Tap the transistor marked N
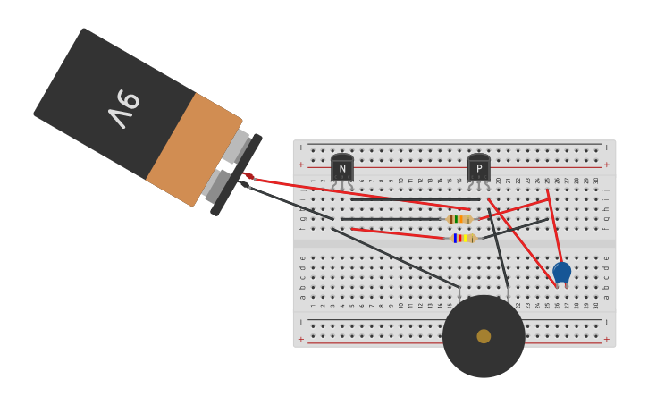point(342,167)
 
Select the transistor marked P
point(479,167)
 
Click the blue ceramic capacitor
point(561,272)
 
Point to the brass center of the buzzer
point(484,336)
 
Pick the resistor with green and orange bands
point(459,219)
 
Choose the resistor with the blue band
point(463,239)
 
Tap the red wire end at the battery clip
point(249,177)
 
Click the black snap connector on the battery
point(236,175)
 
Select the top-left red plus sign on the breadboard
point(301,165)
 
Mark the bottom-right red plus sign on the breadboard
point(607,340)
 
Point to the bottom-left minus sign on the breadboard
point(301,319)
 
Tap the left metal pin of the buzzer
point(459,292)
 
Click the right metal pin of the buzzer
point(508,292)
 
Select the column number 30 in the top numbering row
point(596,181)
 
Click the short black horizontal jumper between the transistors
point(411,199)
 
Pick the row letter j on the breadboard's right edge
point(607,190)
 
